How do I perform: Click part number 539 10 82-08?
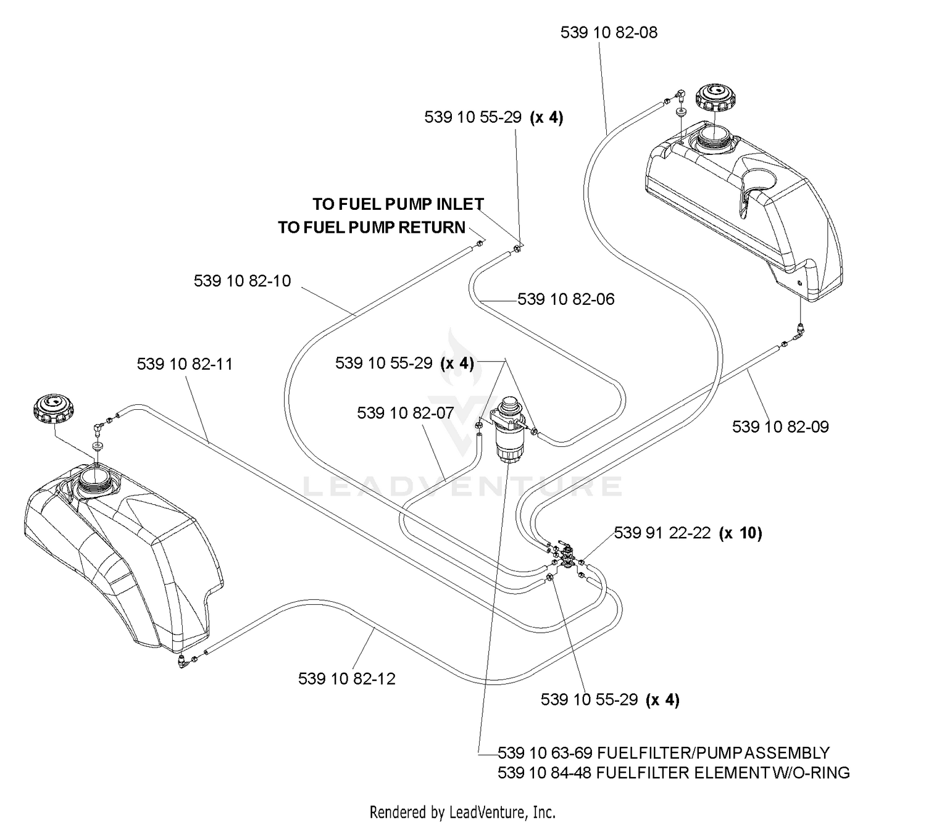(608, 33)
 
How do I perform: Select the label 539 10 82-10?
(242, 281)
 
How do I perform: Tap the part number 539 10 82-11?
(185, 364)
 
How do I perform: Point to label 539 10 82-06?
(565, 299)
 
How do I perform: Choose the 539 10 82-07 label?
(405, 413)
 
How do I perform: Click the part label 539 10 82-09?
(780, 427)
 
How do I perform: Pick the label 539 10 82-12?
(346, 678)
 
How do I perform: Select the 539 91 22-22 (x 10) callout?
(688, 533)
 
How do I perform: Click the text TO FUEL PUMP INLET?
(398, 204)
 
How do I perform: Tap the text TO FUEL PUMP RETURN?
(372, 227)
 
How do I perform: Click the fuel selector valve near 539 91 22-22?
(566, 556)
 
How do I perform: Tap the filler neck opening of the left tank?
(96, 481)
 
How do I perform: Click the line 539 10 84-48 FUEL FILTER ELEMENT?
(674, 773)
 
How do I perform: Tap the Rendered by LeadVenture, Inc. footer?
(462, 812)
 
